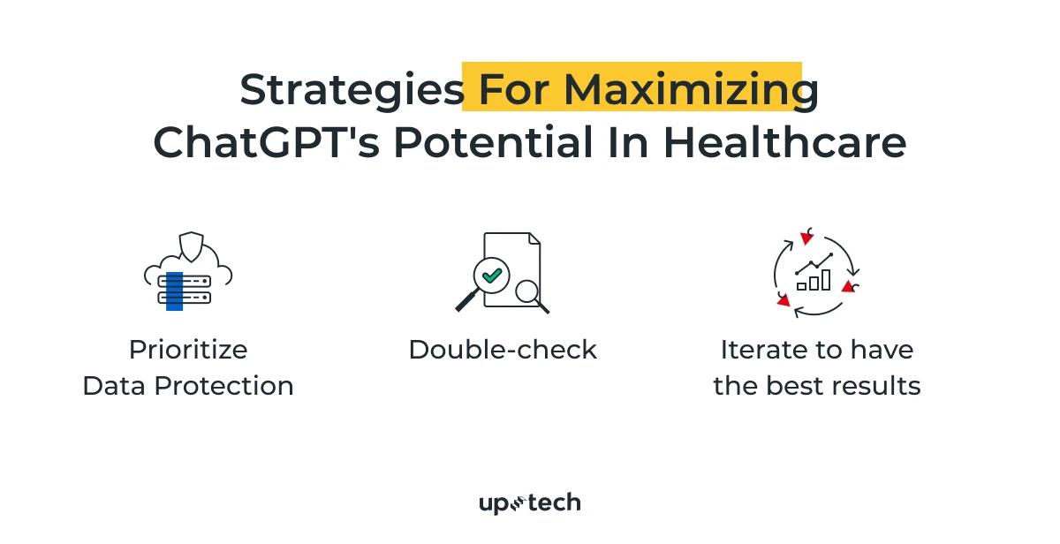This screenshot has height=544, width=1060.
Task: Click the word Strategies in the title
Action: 352,90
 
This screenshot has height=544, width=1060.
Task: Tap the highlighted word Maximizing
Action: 691,90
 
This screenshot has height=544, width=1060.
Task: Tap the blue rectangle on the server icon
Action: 174,291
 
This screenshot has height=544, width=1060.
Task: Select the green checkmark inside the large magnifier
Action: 492,276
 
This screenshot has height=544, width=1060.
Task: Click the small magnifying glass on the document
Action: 528,291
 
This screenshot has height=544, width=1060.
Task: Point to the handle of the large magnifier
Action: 466,301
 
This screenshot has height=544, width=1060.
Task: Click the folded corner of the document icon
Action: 534,239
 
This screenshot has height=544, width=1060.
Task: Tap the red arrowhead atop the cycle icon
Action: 806,238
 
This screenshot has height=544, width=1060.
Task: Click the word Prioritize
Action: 188,350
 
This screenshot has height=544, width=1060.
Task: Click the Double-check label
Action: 503,350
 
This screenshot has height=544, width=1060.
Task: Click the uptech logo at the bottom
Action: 530,503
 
